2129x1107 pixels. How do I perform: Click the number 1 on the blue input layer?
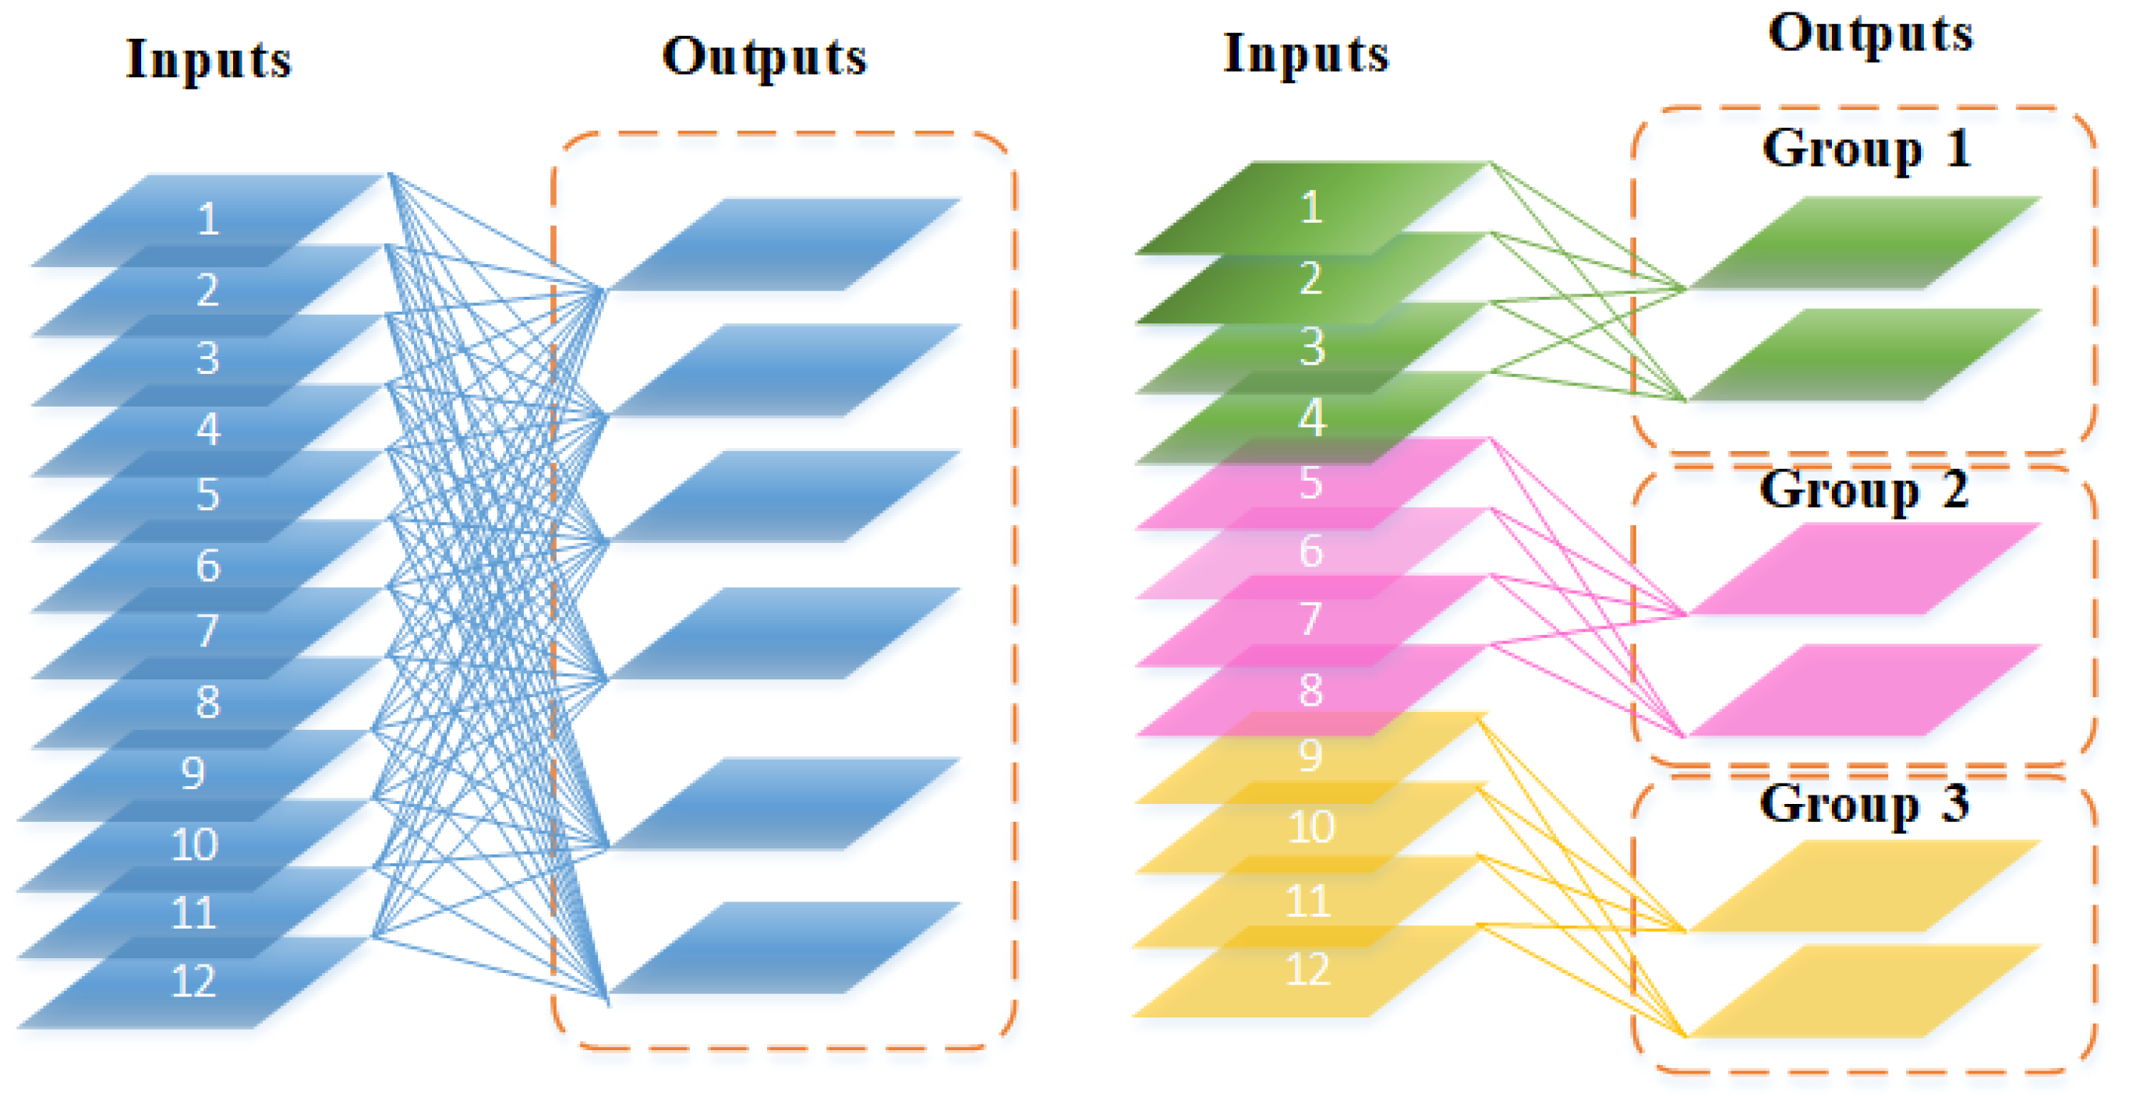point(208,220)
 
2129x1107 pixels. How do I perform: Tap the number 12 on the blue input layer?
point(193,982)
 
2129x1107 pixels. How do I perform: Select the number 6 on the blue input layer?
point(208,566)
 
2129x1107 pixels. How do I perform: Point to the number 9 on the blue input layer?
point(193,774)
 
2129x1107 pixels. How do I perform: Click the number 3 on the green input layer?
point(1311,347)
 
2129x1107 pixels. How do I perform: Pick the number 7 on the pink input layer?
point(1310,619)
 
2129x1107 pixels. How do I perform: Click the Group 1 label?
point(1866,150)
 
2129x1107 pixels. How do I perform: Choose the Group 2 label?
point(1864,490)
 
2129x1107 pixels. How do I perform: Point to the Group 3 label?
point(1864,804)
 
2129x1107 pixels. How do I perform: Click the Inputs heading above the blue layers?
point(209,60)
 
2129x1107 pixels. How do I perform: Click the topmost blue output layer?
point(785,244)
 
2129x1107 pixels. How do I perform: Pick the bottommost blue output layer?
point(785,947)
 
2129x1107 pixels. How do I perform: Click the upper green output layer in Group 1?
point(1866,242)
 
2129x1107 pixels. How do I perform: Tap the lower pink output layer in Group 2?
point(1866,689)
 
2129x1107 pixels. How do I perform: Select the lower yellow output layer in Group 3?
point(1866,990)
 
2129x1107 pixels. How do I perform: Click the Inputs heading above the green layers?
point(1306,55)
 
